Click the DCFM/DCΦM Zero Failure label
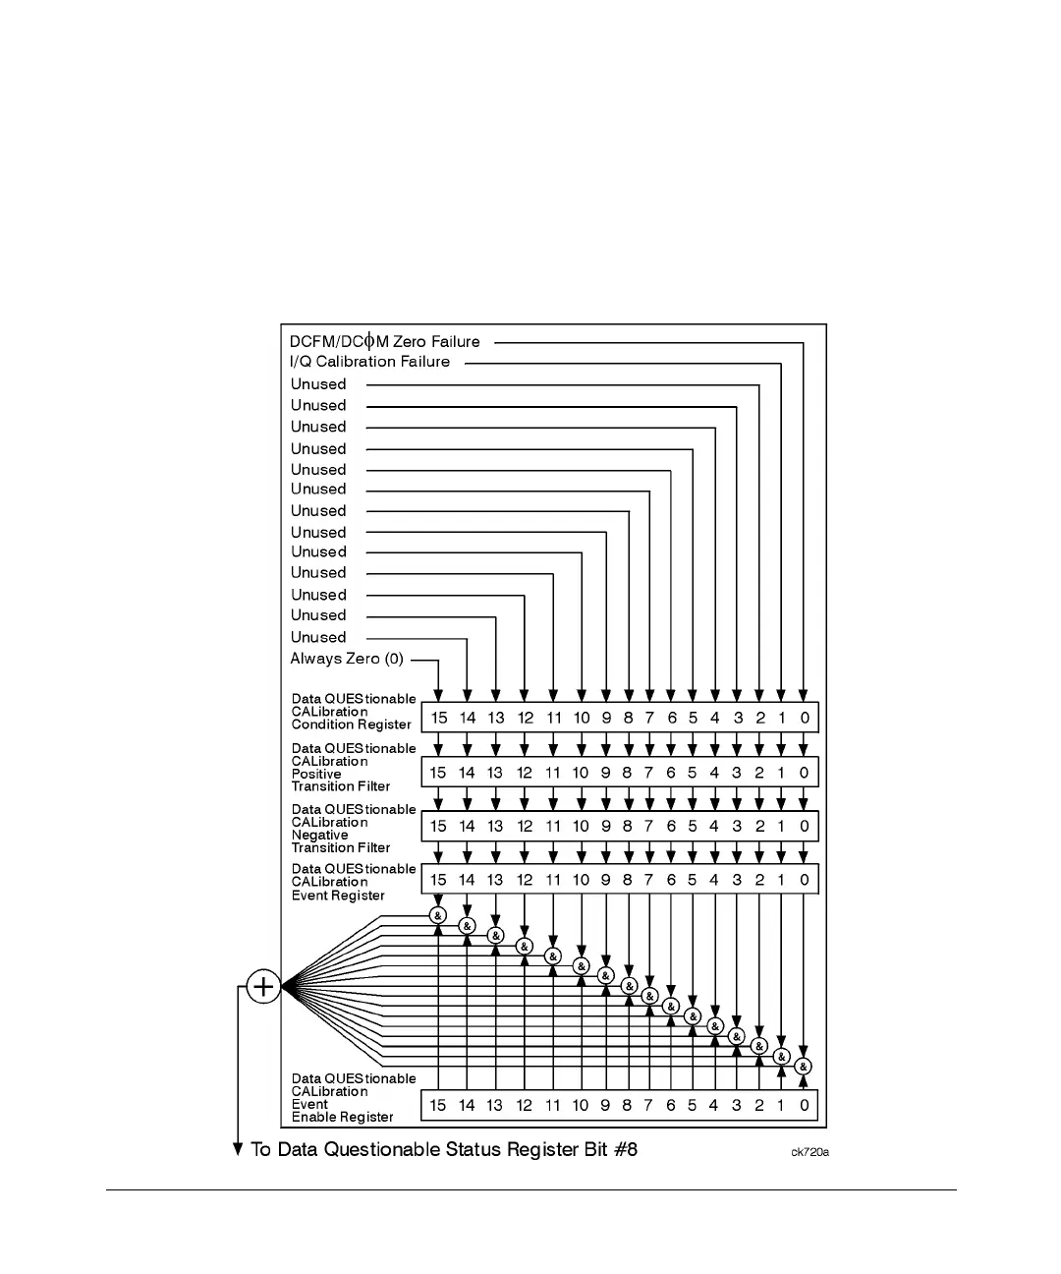[x=384, y=342]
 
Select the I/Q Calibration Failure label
[x=369, y=362]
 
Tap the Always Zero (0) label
[x=347, y=659]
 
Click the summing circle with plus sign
[x=263, y=986]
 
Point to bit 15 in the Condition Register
[x=438, y=718]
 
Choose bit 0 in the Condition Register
[x=804, y=718]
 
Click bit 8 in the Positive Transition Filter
[x=627, y=773]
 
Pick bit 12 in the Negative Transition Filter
[x=525, y=827]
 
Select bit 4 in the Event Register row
[x=714, y=880]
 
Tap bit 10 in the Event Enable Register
[x=581, y=1105]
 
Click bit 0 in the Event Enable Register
[x=804, y=1105]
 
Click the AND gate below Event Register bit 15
[x=438, y=915]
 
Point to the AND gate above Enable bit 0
[x=804, y=1067]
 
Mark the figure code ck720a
[x=810, y=1152]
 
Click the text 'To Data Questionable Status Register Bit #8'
[x=444, y=1149]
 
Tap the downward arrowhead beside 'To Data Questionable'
[x=238, y=1148]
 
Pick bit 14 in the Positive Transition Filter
[x=467, y=773]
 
